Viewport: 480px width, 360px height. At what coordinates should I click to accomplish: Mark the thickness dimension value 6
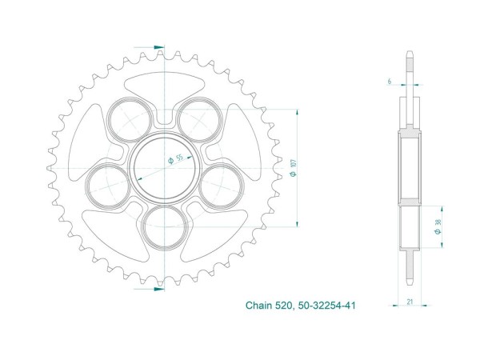point(388,82)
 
